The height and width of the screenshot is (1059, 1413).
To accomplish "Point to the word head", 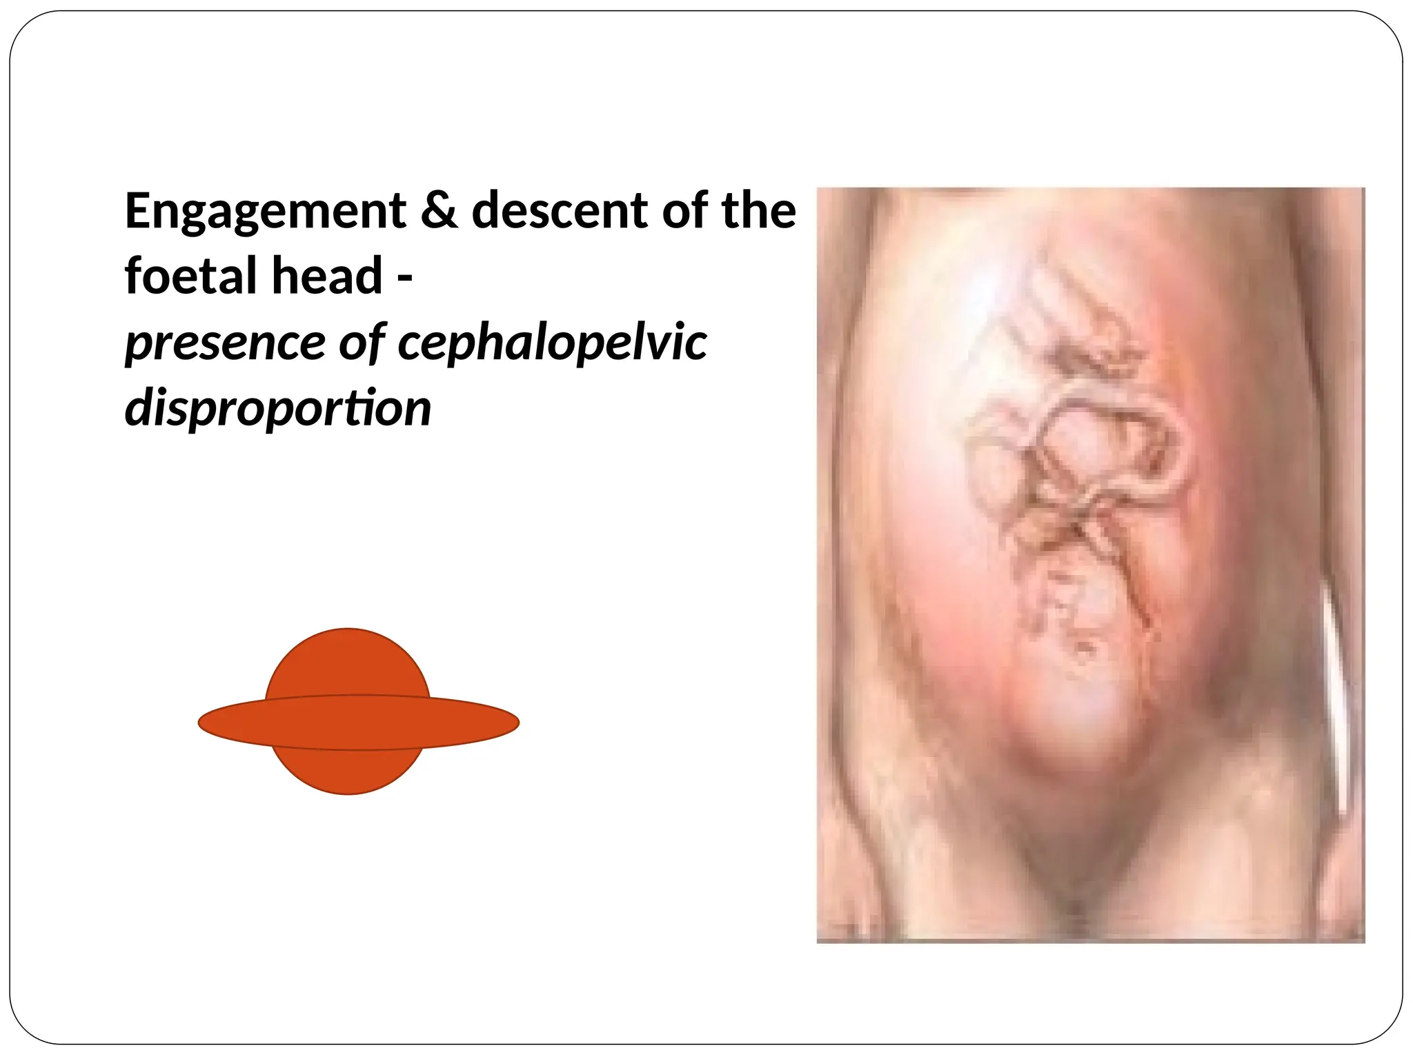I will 326,276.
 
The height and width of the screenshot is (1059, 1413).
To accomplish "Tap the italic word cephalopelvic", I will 552,343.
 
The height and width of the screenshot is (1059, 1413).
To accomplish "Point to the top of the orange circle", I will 348,631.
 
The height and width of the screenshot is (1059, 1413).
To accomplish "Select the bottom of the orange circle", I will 348,792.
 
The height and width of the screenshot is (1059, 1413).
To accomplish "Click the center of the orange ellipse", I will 359,723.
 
